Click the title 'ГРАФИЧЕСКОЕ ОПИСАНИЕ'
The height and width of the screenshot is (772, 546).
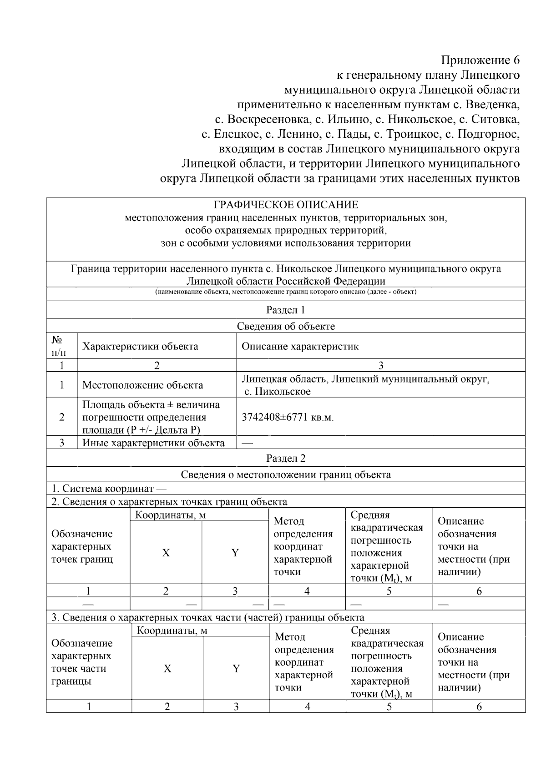tap(286, 205)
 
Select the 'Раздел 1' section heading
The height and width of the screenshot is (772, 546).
tap(286, 310)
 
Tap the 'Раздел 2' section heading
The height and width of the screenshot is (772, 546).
tap(286, 458)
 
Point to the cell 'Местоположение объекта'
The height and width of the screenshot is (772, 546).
tap(142, 385)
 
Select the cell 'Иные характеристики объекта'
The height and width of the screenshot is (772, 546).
tap(153, 443)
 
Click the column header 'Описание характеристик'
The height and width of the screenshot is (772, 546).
tap(300, 347)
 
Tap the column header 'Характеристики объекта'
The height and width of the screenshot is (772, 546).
tap(140, 347)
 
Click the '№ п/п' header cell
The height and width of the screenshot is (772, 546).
tap(58, 347)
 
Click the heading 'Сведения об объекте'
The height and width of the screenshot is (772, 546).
tap(286, 326)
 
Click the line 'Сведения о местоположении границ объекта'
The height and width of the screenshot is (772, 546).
tap(286, 475)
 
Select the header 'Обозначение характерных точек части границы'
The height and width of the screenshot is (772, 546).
tap(82, 662)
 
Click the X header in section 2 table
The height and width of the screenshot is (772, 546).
tap(166, 553)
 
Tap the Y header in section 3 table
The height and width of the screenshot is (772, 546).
tap(236, 668)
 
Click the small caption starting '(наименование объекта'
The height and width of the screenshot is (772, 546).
tap(286, 292)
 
